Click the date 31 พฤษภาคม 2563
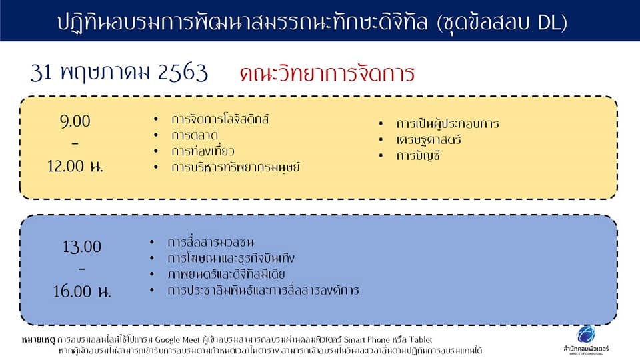pos(119,73)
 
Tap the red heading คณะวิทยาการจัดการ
pos(327,74)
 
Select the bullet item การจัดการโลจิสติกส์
pos(220,119)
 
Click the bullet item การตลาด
pos(195,135)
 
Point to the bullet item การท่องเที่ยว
pos(203,151)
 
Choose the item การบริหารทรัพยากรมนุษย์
pos(235,167)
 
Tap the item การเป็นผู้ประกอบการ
pos(447,123)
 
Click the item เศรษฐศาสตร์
pos(429,139)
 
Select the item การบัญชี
pos(418,155)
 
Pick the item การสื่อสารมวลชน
pos(211,242)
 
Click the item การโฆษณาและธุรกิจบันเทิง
pos(231,258)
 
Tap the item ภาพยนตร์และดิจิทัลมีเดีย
pos(226,274)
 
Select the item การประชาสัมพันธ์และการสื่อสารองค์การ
pos(263,290)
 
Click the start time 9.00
pos(75,121)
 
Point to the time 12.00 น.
pos(75,166)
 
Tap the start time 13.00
pos(81,247)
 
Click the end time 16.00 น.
pos(81,291)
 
